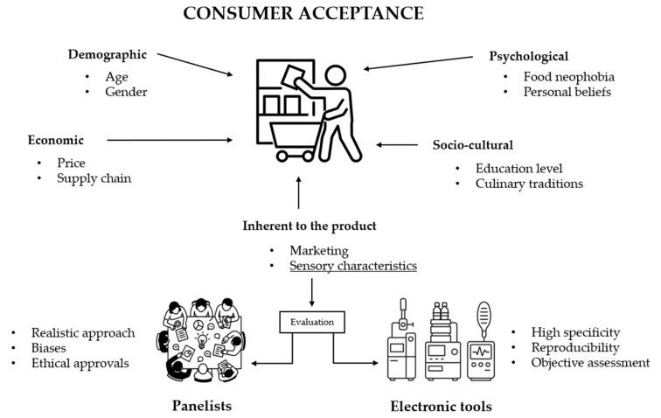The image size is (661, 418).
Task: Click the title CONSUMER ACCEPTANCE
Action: coord(303,14)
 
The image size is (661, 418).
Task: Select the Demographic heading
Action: coord(107,55)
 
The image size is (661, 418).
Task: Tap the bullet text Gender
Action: coord(127,92)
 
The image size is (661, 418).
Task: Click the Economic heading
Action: coord(55,140)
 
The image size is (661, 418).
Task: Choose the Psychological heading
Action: coord(528,57)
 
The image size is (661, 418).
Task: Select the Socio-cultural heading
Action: coord(473,145)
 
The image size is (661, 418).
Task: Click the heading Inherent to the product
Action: coord(310,226)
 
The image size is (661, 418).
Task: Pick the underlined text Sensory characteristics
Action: coord(353,266)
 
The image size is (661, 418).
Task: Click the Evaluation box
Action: coord(313,322)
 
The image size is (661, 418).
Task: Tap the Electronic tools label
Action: coord(441,407)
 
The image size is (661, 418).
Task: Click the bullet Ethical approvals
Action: coord(80,364)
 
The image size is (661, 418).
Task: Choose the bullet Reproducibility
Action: coord(575,347)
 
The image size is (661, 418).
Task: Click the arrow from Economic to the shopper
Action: coord(170,140)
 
